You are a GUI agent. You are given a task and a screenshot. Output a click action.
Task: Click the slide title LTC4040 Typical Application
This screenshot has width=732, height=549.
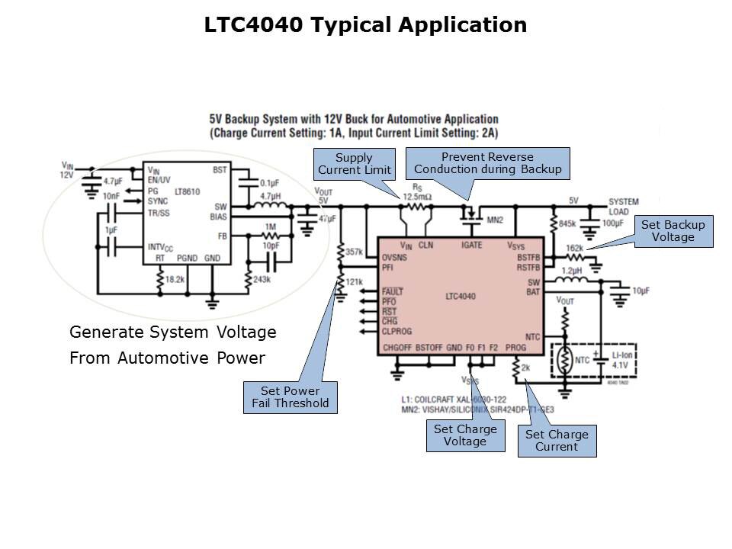[365, 25]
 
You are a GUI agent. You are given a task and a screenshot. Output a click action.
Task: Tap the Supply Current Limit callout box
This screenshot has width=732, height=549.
[355, 164]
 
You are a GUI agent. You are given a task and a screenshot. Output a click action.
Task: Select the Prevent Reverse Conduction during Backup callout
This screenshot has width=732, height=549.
[488, 163]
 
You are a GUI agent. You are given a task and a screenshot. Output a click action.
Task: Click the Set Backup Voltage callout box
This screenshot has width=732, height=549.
[673, 231]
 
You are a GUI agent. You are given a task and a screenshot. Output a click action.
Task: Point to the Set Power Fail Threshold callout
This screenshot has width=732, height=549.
[290, 397]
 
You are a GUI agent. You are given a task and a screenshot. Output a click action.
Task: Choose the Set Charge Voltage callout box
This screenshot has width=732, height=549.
[465, 435]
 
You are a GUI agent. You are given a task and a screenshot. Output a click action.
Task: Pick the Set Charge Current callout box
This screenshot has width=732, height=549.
[557, 441]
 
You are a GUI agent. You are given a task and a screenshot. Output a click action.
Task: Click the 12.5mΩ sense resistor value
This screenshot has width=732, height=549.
[416, 196]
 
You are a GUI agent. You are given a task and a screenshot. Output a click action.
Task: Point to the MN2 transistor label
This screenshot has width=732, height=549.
[495, 220]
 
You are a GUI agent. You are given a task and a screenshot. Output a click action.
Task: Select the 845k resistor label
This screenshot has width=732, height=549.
[567, 223]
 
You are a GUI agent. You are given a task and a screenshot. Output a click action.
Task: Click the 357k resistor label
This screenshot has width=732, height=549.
[354, 252]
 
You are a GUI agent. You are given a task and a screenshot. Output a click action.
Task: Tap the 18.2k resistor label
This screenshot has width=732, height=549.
[176, 281]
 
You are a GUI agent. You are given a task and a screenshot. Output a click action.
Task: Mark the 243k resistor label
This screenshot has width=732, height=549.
[262, 280]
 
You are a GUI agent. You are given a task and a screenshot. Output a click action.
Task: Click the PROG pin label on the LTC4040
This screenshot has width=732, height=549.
[515, 348]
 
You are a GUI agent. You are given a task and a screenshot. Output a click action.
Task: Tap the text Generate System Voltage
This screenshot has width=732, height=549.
[172, 332]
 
